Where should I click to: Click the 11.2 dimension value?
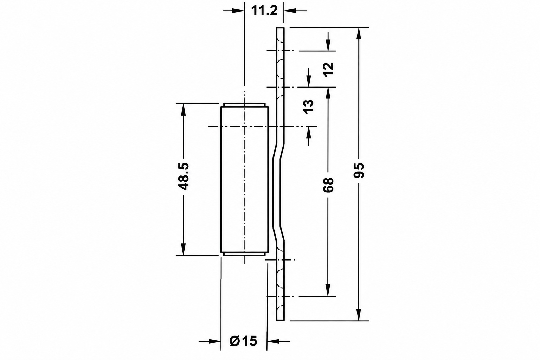(x=264, y=11)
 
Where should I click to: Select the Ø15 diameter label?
(x=244, y=341)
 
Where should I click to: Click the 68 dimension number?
(x=328, y=185)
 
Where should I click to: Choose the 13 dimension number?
(x=308, y=106)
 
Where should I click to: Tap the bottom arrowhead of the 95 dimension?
(x=359, y=315)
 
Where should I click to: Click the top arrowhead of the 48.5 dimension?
(x=183, y=110)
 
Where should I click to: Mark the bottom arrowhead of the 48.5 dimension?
(x=183, y=249)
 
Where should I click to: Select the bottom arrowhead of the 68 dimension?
(x=328, y=290)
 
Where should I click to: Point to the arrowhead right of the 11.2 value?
(x=290, y=11)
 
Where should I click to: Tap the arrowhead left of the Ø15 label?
(x=215, y=341)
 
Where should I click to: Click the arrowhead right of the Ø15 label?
(x=273, y=341)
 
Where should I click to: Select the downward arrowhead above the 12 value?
(x=328, y=45)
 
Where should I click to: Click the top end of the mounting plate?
(x=280, y=28)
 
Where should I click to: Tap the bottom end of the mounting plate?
(x=280, y=320)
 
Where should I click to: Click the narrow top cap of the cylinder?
(x=244, y=105)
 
